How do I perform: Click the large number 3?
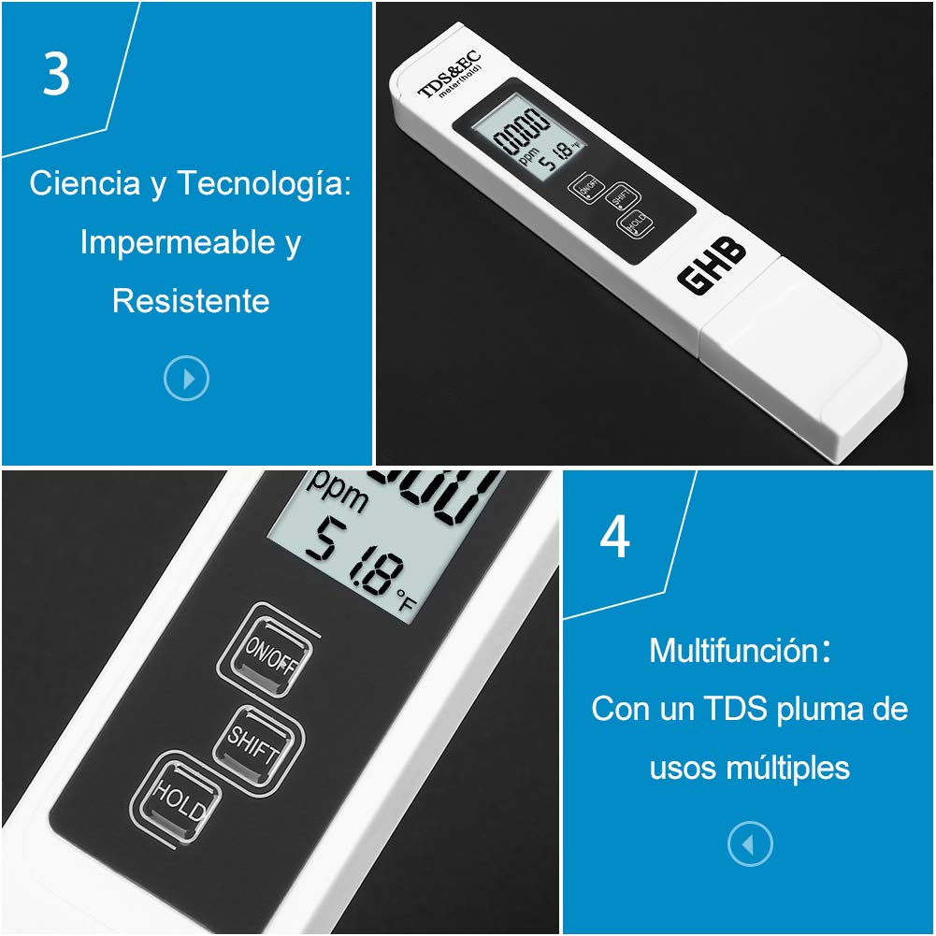coord(56,75)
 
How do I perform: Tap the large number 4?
coord(614,539)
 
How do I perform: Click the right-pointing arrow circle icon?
coord(186,379)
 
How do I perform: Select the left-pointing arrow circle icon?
coord(750,845)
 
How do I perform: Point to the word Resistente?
coord(191,301)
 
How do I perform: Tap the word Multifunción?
coord(734,650)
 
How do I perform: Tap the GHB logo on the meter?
coord(712,265)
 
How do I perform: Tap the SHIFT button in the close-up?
coord(258,743)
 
